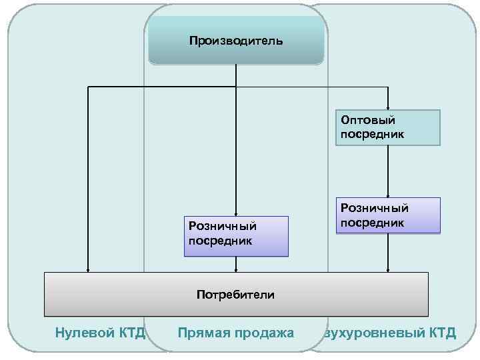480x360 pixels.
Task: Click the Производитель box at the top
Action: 236,41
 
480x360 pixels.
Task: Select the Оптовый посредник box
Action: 387,127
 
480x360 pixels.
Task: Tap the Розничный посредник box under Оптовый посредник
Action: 387,215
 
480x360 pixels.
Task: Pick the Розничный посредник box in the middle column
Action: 236,235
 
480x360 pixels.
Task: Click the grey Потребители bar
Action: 236,294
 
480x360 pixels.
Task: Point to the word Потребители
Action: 236,294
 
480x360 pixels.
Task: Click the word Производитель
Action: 236,41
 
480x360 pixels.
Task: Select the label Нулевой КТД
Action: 100,332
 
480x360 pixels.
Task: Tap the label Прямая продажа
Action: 236,332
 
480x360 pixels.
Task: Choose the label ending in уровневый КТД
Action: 391,332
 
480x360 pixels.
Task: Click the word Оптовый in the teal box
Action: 368,121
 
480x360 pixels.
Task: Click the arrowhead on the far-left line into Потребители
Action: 87,269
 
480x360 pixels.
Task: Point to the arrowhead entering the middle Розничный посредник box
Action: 236,213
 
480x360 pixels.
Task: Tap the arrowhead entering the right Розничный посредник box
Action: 387,195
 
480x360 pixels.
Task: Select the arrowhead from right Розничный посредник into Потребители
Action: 387,269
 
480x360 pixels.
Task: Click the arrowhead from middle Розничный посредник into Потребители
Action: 236,269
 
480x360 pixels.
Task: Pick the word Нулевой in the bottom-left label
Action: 81,332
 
